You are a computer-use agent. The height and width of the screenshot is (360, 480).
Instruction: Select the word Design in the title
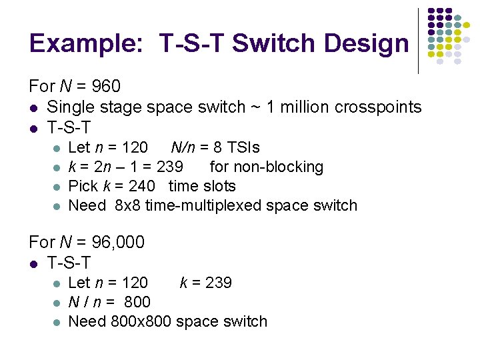369,44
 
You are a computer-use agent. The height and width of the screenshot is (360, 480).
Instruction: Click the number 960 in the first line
105,87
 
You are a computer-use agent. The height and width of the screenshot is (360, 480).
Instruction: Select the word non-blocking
281,167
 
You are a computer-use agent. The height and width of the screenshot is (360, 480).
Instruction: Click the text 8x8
128,205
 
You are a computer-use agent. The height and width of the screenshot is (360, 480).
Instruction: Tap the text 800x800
140,321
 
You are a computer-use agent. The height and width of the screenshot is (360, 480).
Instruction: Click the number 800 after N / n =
137,302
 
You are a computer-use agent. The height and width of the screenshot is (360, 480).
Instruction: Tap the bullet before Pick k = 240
57,187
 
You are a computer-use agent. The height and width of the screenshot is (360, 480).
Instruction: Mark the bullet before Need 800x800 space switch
57,322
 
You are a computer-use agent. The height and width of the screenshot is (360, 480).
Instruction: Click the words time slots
202,186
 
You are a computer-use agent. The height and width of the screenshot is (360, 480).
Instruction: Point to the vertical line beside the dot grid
418,40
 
